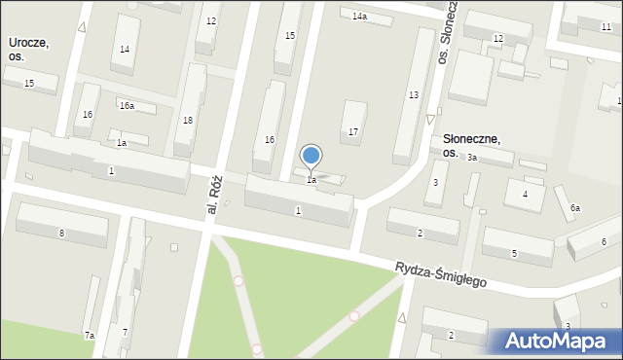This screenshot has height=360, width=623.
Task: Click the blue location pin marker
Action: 311,156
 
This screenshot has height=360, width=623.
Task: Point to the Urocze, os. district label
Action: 28,50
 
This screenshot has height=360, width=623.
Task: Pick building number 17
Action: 353,131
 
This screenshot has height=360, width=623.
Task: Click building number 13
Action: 414,94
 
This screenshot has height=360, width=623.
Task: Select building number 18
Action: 188,121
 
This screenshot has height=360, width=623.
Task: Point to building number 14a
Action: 360,17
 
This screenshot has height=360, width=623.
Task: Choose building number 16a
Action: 127,105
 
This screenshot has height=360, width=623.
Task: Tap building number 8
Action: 61,233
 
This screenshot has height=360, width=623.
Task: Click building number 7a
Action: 89,335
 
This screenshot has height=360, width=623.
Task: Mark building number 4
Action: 525,195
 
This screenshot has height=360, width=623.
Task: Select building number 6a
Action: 575,208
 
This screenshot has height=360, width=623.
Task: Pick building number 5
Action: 514,254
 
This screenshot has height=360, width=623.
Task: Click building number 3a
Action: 471,157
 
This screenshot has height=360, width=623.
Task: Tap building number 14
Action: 124,49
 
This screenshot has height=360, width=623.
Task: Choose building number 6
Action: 604,241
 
